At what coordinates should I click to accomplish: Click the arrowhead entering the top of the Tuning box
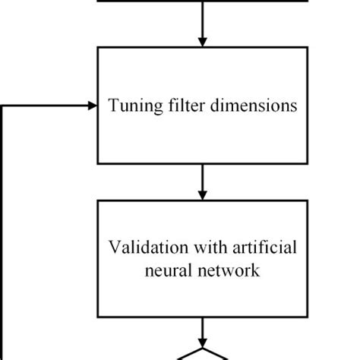pyautogui.click(x=202, y=41)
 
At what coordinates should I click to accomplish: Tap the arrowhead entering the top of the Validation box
pyautogui.click(x=202, y=194)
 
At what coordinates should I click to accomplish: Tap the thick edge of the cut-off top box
pyautogui.click(x=202, y=2)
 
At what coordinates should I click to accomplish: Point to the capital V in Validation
pyautogui.click(x=114, y=248)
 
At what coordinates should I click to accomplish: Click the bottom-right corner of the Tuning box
pyautogui.click(x=308, y=163)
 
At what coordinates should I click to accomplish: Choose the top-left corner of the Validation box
pyautogui.click(x=98, y=201)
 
